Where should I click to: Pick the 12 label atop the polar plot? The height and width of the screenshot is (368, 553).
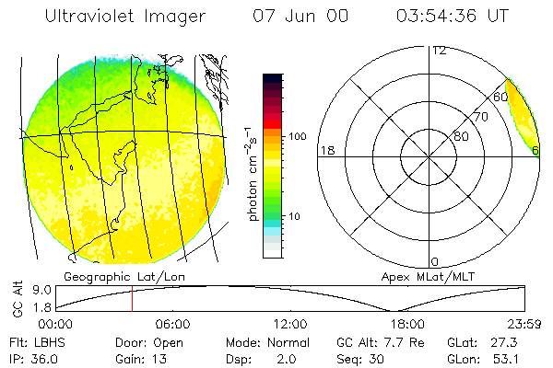[439, 50]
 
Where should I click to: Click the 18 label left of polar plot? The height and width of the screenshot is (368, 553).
[325, 151]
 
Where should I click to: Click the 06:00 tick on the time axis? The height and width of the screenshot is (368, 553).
[172, 325]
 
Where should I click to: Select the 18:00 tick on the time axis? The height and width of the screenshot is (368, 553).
[407, 325]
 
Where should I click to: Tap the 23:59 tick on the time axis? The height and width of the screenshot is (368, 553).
[524, 325]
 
